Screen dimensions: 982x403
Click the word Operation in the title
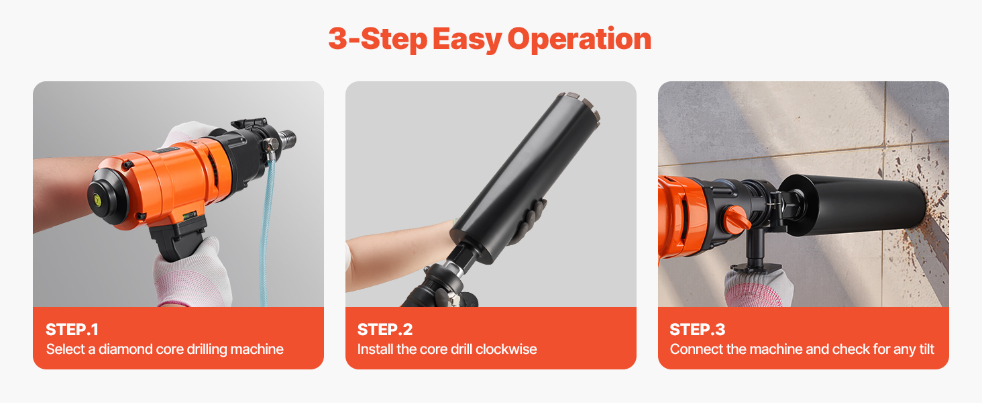click(579, 40)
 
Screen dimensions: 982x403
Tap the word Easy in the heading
click(467, 40)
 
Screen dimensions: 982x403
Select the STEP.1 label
click(72, 330)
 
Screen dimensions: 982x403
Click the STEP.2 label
click(385, 330)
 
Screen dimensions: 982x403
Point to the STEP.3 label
click(697, 330)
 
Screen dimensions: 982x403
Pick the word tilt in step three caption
click(927, 349)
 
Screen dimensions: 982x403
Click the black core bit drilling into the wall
click(853, 205)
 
